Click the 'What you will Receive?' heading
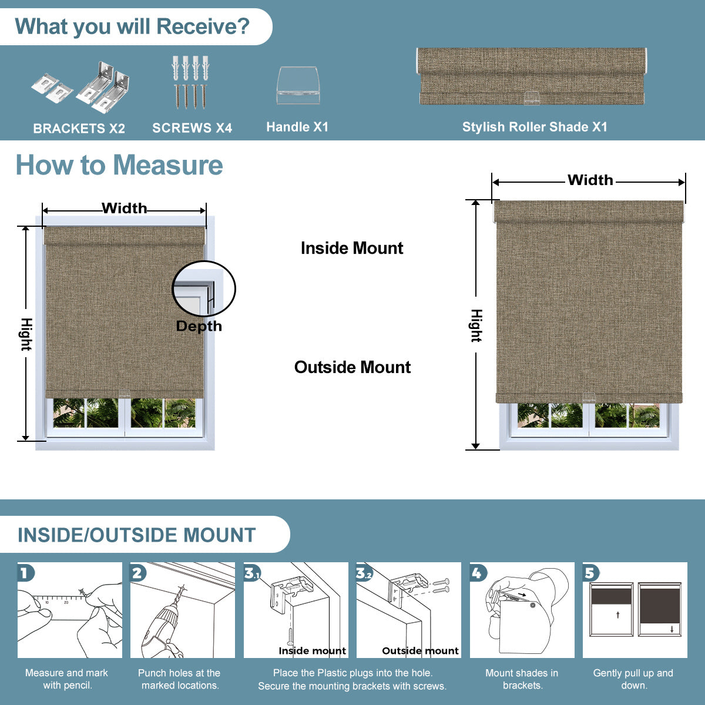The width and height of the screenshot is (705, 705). (x=132, y=27)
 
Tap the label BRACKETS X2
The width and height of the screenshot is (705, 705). (x=79, y=129)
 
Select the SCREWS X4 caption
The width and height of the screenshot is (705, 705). (x=192, y=128)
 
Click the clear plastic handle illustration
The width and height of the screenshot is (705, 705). (x=298, y=86)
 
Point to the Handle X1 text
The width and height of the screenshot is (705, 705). (x=297, y=127)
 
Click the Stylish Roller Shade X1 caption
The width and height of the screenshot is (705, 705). (x=535, y=127)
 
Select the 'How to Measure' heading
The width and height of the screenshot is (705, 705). (x=119, y=165)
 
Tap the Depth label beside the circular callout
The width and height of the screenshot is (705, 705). (x=199, y=326)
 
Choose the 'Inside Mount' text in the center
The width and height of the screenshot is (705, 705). (x=352, y=248)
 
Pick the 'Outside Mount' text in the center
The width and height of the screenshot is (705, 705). (x=352, y=367)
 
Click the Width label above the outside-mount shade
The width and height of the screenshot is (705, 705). (x=590, y=180)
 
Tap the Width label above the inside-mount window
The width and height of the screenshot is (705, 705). (x=124, y=208)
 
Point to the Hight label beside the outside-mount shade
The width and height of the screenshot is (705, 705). (x=476, y=325)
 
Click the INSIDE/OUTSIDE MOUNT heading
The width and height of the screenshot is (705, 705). (x=137, y=535)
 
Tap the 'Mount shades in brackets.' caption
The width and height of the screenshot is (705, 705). (x=522, y=679)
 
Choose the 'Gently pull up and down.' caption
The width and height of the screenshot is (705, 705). (x=633, y=679)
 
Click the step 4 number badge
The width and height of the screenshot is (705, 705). (x=478, y=573)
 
